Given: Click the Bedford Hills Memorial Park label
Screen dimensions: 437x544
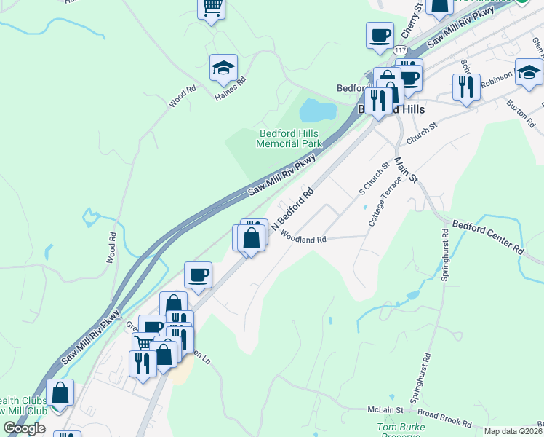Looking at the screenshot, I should pos(289,138).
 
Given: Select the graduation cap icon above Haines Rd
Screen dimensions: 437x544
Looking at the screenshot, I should pos(223,68).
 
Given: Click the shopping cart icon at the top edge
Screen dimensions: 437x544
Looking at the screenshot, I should pos(212,8).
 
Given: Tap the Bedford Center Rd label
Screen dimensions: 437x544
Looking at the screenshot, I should pos(487,236).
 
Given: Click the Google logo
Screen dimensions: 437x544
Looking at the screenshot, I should pos(25,428).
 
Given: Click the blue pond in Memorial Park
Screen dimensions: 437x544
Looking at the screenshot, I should pos(318,111).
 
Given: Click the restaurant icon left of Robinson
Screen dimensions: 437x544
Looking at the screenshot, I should pos(465,87).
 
